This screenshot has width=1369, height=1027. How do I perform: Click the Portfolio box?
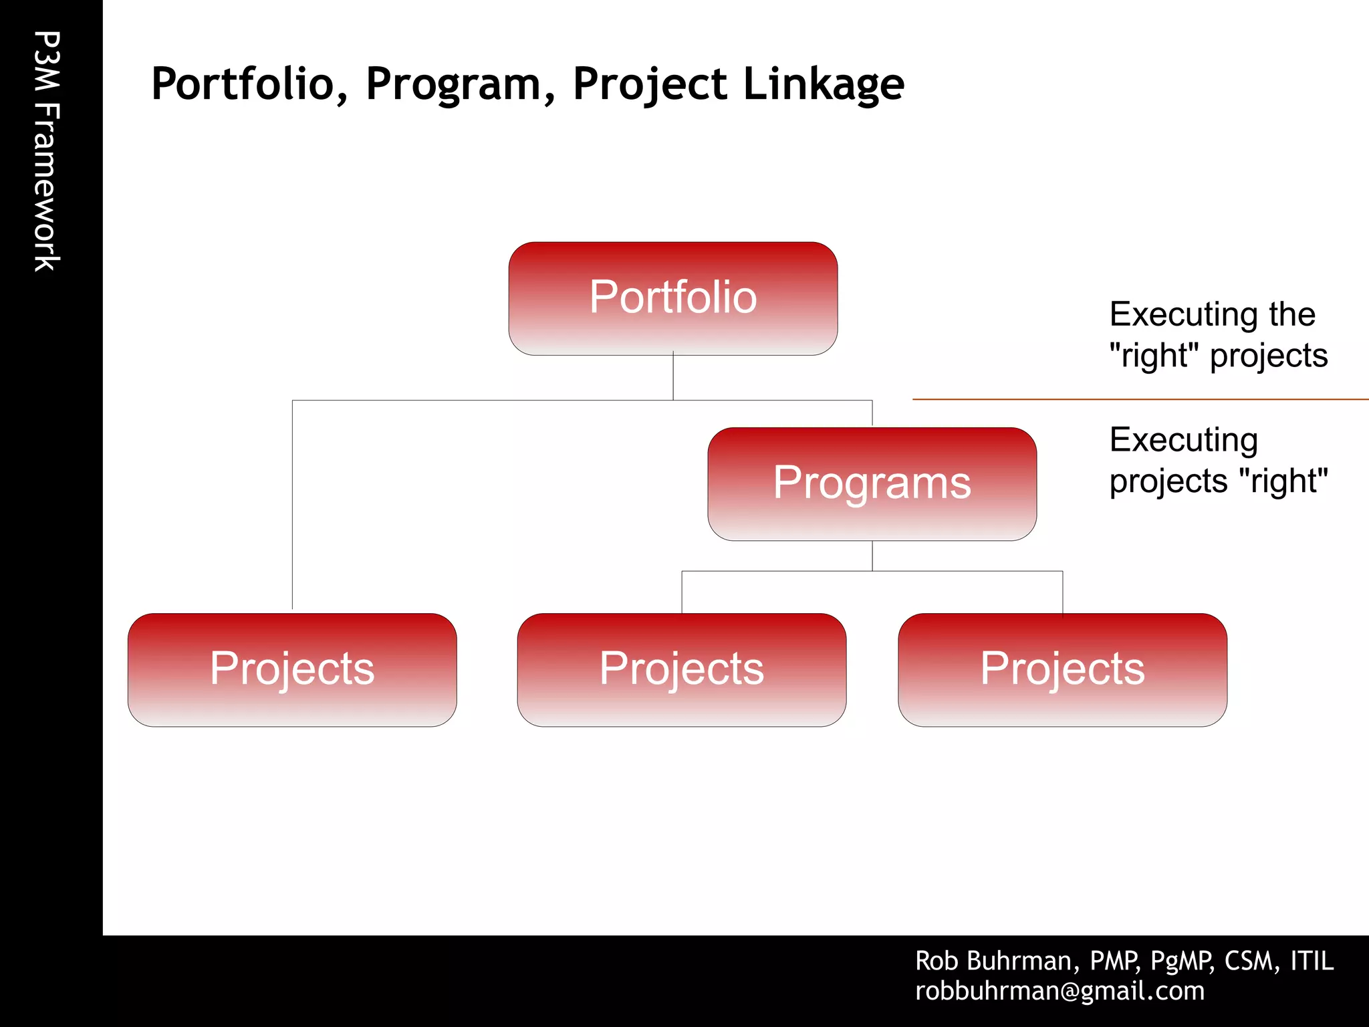[x=672, y=298]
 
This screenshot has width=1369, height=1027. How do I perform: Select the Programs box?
[x=872, y=483]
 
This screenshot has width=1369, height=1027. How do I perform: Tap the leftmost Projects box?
[x=292, y=669]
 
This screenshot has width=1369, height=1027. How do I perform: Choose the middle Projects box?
[x=681, y=669]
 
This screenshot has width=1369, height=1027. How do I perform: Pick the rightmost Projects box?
[x=1062, y=669]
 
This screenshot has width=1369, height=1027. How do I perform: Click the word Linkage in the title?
[x=824, y=84]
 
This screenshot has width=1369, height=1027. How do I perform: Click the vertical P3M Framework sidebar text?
[x=47, y=151]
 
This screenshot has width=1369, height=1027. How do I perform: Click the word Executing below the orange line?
[x=1183, y=441]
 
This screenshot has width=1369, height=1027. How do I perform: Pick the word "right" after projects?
[x=1283, y=481]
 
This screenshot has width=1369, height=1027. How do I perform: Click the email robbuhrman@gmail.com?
[x=1060, y=991]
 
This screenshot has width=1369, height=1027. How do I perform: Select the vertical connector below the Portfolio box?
[x=673, y=376]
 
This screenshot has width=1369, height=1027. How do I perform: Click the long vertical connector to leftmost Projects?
[x=292, y=505]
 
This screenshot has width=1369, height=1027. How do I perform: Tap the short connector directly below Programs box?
[x=872, y=556]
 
